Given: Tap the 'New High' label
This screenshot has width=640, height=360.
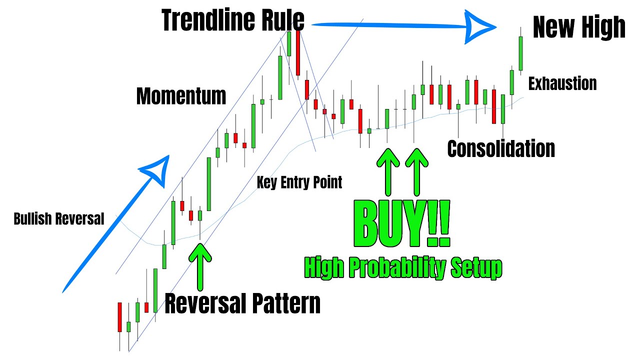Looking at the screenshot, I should [579, 27].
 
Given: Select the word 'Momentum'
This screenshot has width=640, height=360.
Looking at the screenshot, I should [181, 95].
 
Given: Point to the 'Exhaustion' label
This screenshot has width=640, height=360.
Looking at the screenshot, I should [562, 83].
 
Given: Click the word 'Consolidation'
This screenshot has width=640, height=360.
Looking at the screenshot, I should [501, 148].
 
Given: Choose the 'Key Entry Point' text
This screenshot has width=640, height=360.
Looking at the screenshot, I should [299, 182].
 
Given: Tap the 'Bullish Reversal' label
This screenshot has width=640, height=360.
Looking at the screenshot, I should [59, 218].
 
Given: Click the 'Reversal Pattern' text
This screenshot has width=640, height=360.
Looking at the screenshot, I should [242, 303].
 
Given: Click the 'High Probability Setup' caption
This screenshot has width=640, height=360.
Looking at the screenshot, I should [403, 269].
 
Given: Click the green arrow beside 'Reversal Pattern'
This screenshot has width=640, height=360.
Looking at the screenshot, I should [200, 265].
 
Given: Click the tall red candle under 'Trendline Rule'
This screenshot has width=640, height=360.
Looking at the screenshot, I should [298, 52].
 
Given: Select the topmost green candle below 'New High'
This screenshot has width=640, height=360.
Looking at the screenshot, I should [520, 53].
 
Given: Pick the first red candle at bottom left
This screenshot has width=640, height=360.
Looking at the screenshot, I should [119, 317].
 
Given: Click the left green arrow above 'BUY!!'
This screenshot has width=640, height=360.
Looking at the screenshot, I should [388, 170].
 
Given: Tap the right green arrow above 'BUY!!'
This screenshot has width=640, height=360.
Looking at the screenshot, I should [416, 170].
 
